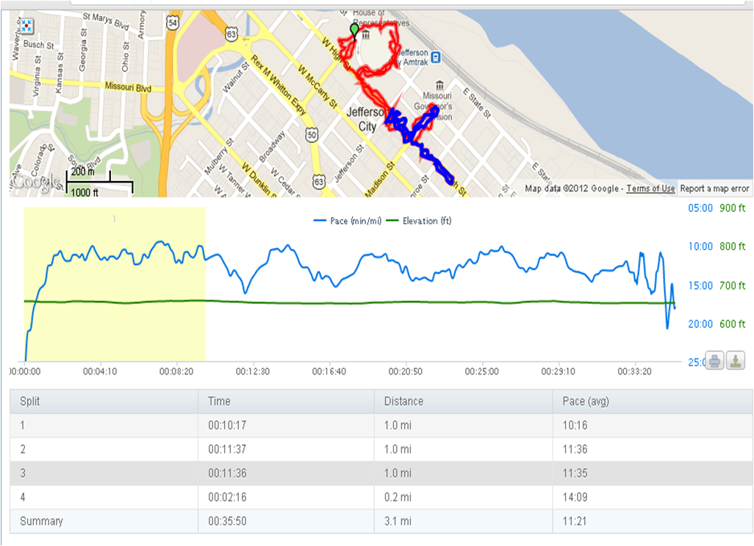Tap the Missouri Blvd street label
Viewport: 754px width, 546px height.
(127, 87)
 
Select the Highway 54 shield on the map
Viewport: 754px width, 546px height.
(173, 24)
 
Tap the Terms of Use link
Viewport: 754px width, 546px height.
(650, 188)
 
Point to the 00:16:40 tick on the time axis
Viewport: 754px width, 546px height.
(329, 372)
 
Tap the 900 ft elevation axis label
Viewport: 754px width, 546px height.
(732, 208)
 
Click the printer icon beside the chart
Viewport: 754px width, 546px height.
(714, 361)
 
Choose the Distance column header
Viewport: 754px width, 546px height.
(403, 402)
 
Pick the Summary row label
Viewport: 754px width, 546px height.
(41, 521)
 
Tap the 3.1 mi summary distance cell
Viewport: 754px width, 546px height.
(398, 521)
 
